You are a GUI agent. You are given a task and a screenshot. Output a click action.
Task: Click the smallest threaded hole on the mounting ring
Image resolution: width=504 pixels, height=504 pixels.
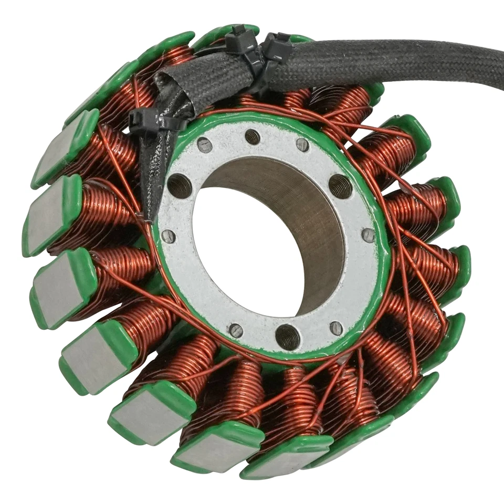[x=253, y=137]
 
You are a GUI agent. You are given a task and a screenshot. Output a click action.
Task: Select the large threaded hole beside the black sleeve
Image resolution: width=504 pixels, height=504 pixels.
[x=180, y=185]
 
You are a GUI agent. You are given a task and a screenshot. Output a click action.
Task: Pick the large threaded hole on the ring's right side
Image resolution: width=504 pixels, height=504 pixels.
[x=340, y=186]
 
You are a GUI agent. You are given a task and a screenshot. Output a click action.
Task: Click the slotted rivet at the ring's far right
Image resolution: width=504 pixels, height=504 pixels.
[x=369, y=235]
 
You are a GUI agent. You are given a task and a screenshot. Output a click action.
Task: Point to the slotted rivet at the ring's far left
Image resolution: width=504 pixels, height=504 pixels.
[x=169, y=236]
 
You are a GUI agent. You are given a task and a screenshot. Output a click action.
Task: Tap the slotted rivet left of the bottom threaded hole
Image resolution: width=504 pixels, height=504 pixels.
[x=236, y=330]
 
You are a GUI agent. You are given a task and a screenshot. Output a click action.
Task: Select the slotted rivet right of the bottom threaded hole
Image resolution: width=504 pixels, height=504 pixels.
[x=336, y=328]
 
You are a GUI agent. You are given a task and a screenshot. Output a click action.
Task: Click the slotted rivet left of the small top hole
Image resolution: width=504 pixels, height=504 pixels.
[x=205, y=145]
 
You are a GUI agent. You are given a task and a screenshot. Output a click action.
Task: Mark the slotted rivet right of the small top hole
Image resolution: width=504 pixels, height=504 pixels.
[x=303, y=145]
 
